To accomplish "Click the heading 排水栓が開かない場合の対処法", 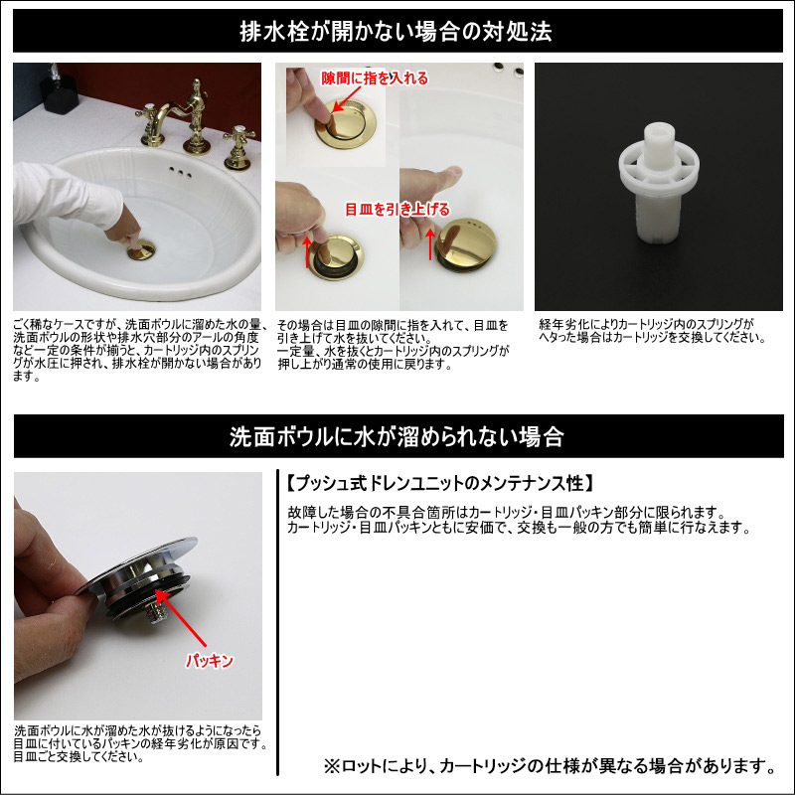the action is coord(396,32).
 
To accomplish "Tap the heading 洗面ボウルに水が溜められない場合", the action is coord(397,436).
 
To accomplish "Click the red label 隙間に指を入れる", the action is coord(375,79).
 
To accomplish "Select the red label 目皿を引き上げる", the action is coord(397,209).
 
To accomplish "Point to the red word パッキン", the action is coord(209,661).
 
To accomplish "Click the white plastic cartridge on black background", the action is coord(658,183).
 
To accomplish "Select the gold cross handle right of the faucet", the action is coord(238,148).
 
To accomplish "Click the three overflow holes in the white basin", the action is coord(180,172).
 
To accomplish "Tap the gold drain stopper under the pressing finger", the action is coord(141,250).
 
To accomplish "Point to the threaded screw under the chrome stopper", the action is coord(153,612).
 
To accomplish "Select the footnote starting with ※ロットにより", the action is coord(550,765).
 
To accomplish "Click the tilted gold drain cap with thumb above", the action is coord(465,244).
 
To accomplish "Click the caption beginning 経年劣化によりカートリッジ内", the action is coord(652,331).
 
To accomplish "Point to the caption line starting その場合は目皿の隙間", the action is coord(393,325).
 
